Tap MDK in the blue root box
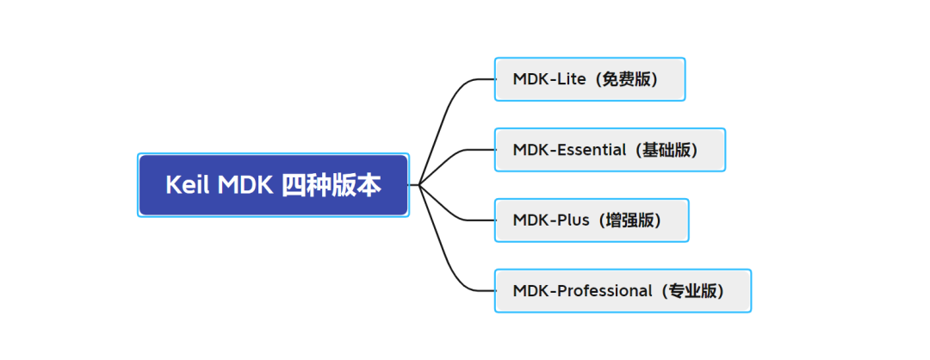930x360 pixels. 245,185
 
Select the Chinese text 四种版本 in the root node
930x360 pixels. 332,185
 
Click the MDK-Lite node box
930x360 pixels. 590,79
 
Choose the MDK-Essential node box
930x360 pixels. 610,150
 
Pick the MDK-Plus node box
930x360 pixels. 592,220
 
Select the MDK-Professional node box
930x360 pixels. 623,291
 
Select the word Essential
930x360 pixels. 592,150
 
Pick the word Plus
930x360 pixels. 574,220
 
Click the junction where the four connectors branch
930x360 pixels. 418,185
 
